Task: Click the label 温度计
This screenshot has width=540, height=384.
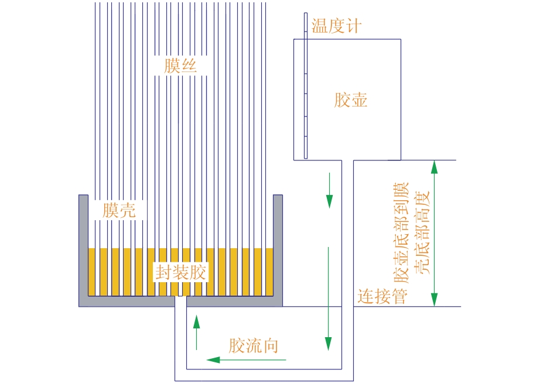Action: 336,26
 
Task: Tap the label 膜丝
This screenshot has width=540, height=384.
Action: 180,66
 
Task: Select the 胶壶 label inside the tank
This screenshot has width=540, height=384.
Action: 351,100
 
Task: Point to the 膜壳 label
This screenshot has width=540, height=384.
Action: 119,210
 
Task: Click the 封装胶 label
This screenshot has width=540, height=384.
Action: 181,272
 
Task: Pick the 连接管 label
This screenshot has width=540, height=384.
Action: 382,296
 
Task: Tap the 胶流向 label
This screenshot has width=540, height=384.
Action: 254,345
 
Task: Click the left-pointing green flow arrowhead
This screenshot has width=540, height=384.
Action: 213,360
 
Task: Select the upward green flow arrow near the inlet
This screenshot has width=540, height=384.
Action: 196,332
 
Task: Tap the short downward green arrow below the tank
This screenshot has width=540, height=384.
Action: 329,190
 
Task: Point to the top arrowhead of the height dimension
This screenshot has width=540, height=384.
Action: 435,167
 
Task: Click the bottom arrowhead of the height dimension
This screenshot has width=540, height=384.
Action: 435,299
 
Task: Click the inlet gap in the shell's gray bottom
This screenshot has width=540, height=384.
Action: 181,301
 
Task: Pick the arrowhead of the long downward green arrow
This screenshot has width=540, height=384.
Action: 328,344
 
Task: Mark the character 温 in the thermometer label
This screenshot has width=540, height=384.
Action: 320,26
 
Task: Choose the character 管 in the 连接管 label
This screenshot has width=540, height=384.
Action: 399,296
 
